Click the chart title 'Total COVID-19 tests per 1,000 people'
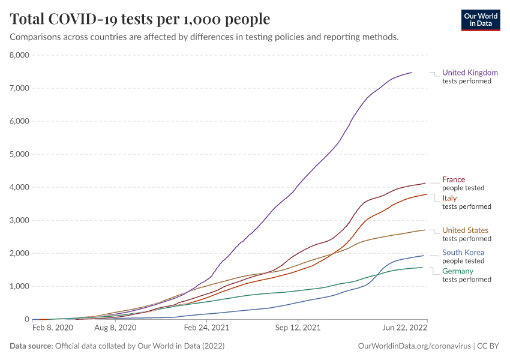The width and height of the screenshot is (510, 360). pyautogui.click(x=140, y=19)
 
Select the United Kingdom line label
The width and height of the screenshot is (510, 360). pyautogui.click(x=470, y=73)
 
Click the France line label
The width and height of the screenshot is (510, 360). pyautogui.click(x=454, y=179)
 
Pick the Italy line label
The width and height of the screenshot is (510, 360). pyautogui.click(x=449, y=198)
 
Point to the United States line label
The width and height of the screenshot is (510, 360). pyautogui.click(x=465, y=230)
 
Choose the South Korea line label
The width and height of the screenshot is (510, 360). pyautogui.click(x=463, y=253)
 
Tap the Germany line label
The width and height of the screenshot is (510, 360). pyautogui.click(x=458, y=271)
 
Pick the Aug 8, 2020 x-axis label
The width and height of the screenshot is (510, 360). pyautogui.click(x=116, y=328)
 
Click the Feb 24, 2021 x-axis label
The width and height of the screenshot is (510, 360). pyautogui.click(x=206, y=328)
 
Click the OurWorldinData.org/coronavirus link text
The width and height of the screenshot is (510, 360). pyautogui.click(x=412, y=346)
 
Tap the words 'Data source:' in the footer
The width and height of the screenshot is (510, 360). pyautogui.click(x=31, y=346)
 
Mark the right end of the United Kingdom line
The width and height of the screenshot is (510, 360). pyautogui.click(x=412, y=73)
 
